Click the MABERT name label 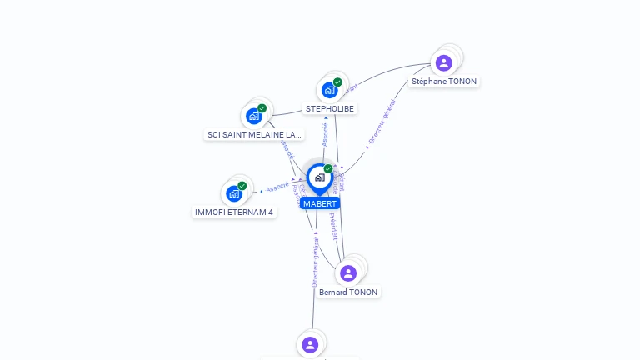(320, 203)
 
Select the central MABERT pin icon (320, 177)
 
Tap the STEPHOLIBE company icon (330, 90)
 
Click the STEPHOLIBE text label (330, 109)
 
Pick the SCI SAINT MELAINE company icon (254, 117)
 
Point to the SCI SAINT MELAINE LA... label (254, 135)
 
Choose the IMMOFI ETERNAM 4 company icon (234, 193)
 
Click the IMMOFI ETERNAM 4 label (234, 212)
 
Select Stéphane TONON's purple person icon (444, 62)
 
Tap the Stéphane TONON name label (444, 82)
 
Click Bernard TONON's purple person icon (348, 272)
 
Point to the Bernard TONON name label (348, 292)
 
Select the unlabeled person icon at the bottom (310, 344)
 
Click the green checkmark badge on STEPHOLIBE (337, 82)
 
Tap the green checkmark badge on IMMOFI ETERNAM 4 (242, 186)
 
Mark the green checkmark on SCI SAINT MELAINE (262, 108)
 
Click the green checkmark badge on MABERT (328, 169)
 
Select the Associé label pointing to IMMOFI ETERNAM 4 (277, 186)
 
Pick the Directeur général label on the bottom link (315, 262)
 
